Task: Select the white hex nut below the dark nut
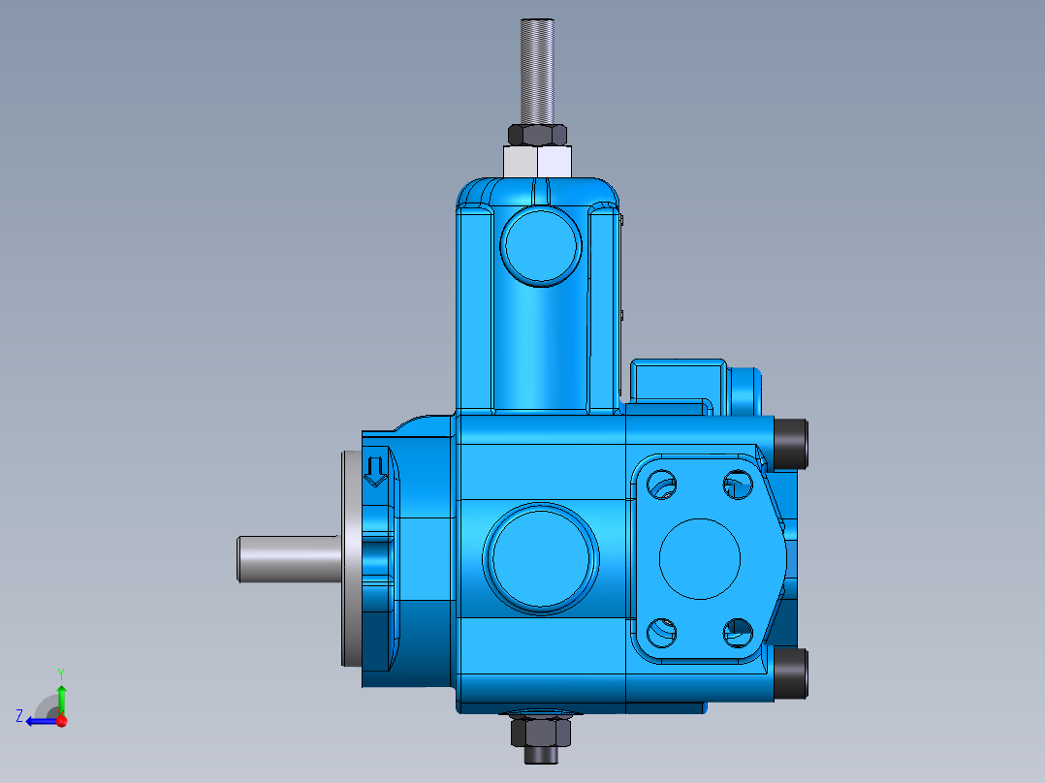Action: (x=536, y=161)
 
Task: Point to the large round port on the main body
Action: (x=542, y=558)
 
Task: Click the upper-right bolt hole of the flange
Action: (x=738, y=482)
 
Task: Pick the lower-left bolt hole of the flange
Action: (x=661, y=633)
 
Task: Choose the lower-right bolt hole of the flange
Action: (x=738, y=633)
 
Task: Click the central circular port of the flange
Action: (x=699, y=557)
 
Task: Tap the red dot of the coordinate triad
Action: (x=61, y=721)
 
